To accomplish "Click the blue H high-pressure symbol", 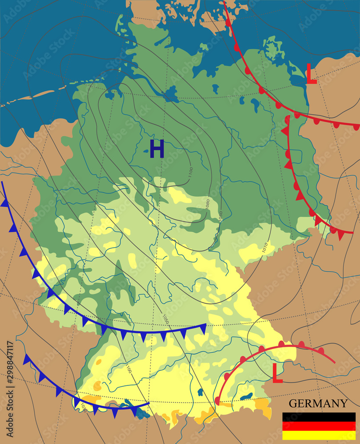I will pyautogui.click(x=157, y=149).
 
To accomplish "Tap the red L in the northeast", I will pyautogui.click(x=312, y=74).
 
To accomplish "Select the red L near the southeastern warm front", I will pyautogui.click(x=277, y=373).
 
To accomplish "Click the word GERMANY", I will pyautogui.click(x=318, y=404).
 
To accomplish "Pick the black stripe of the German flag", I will pyautogui.click(x=319, y=417).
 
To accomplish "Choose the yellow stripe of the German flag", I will pyautogui.click(x=319, y=435).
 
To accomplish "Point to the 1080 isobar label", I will pyautogui.click(x=207, y=204).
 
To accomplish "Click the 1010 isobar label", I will pyautogui.click(x=265, y=246).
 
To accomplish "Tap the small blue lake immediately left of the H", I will pyautogui.click(x=146, y=151).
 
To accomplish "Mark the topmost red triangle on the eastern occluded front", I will pyautogui.click(x=284, y=131).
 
